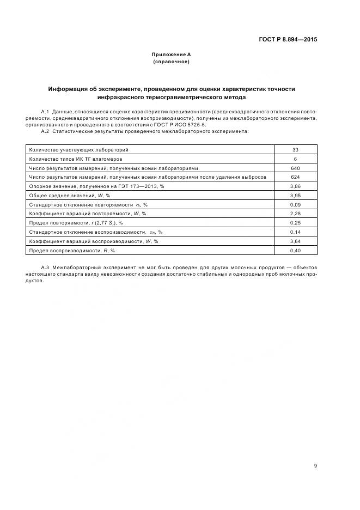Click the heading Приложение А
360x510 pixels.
coord(172,54)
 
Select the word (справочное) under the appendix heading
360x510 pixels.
coord(172,62)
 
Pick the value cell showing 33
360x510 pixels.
coord(296,149)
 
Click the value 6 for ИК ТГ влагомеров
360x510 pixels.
coord(296,159)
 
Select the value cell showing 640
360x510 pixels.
coord(296,168)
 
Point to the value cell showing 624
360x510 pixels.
coord(296,177)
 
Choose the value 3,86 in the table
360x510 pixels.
coord(296,186)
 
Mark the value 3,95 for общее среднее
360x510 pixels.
coord(296,195)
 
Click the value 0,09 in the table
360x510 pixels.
coord(296,204)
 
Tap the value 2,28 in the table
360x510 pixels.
coord(296,214)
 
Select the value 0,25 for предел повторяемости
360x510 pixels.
coord(296,223)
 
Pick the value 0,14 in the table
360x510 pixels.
coord(296,232)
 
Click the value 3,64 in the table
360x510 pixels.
coord(296,241)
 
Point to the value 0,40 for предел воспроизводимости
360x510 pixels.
coord(296,250)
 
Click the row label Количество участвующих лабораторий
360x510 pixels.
coord(79,149)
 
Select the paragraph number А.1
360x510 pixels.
coord(45,112)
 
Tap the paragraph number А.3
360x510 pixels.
coord(45,268)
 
